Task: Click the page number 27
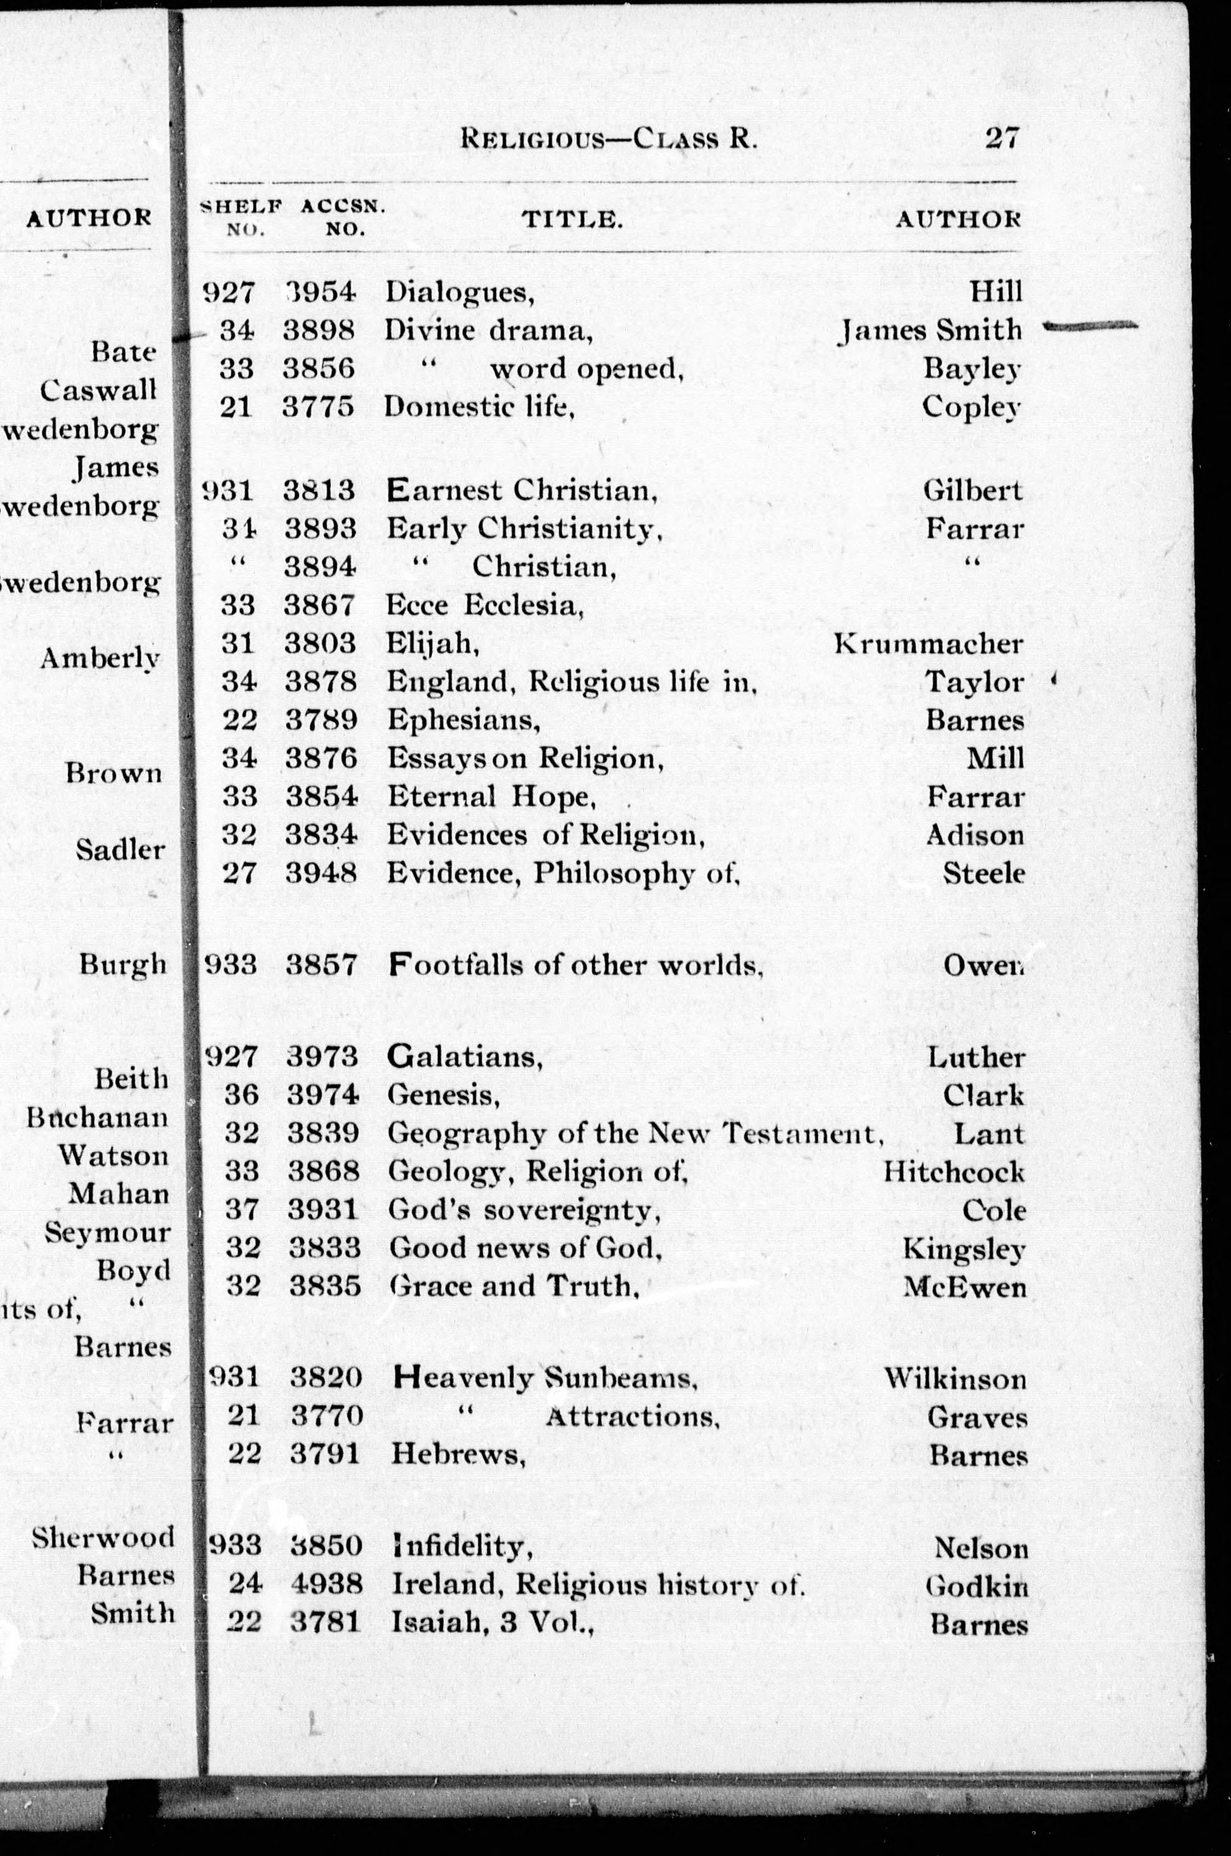pyautogui.click(x=1002, y=139)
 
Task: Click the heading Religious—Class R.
pyautogui.click(x=609, y=140)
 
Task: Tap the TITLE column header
pyautogui.click(x=573, y=220)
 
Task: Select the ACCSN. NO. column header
pyautogui.click(x=343, y=217)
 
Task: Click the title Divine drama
pyautogui.click(x=487, y=331)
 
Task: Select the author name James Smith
pyautogui.click(x=930, y=331)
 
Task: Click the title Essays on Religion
pyautogui.click(x=521, y=759)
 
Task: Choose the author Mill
pyautogui.click(x=995, y=759)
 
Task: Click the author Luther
pyautogui.click(x=976, y=1057)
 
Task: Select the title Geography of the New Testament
pyautogui.click(x=631, y=1133)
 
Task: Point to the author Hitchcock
pyautogui.click(x=954, y=1172)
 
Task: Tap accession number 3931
pyautogui.click(x=324, y=1210)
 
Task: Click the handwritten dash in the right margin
pyautogui.click(x=1091, y=326)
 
